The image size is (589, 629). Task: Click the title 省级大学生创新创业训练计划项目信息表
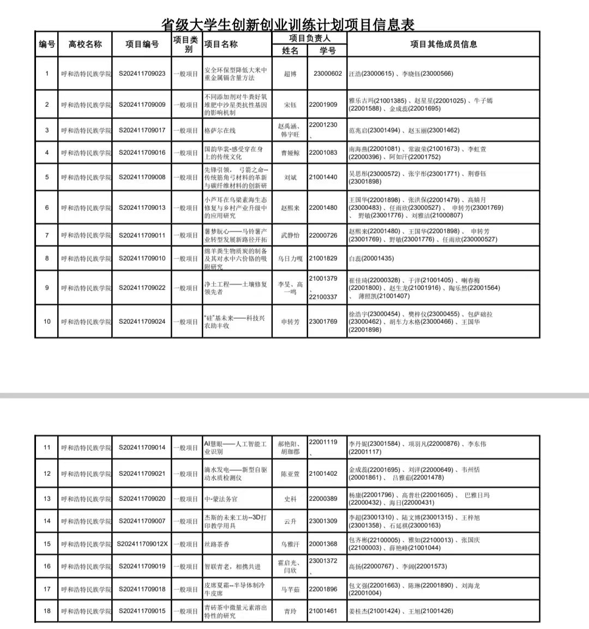[288, 24]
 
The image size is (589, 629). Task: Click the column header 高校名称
[85, 44]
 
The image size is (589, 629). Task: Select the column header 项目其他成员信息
[443, 44]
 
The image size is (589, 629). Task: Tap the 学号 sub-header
[327, 51]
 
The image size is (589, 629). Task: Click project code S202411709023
[142, 74]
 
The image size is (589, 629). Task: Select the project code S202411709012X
[143, 544]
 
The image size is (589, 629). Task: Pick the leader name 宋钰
[290, 105]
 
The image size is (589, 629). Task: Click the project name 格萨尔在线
[220, 131]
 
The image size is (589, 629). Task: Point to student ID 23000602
[328, 74]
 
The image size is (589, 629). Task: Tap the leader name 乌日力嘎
[290, 259]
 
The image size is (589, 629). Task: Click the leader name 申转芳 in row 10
[290, 322]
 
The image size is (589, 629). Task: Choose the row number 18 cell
[47, 611]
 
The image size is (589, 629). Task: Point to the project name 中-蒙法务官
[221, 499]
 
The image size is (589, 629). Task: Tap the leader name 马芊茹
[290, 589]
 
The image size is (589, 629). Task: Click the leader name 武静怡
[290, 235]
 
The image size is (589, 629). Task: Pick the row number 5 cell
[47, 177]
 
